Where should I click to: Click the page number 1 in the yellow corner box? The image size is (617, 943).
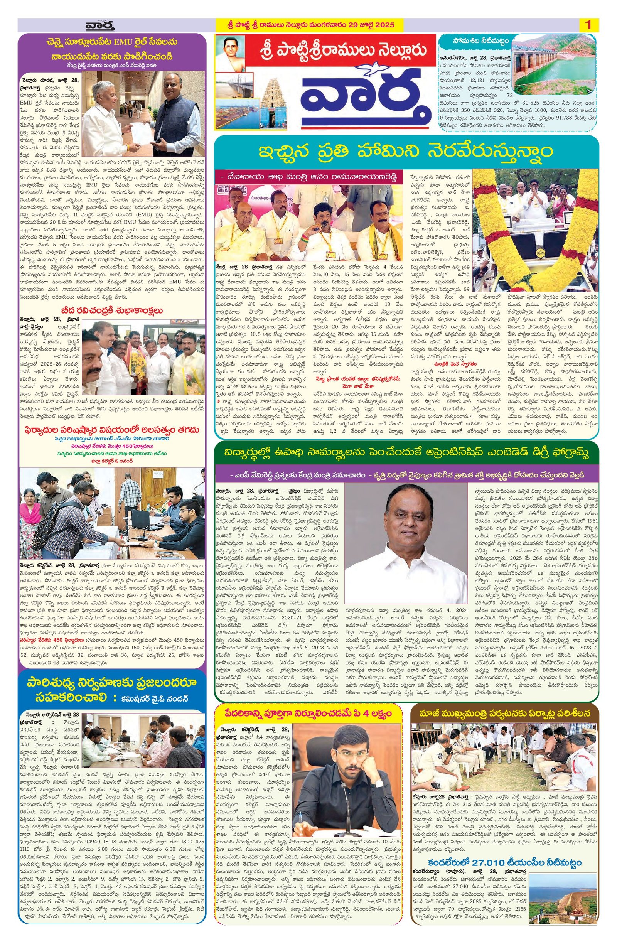pyautogui.click(x=588, y=25)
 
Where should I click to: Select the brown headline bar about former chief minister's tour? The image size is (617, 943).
pyautogui.click(x=504, y=713)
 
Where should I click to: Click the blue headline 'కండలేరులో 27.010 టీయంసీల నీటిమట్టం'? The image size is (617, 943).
pyautogui.click(x=504, y=874)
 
